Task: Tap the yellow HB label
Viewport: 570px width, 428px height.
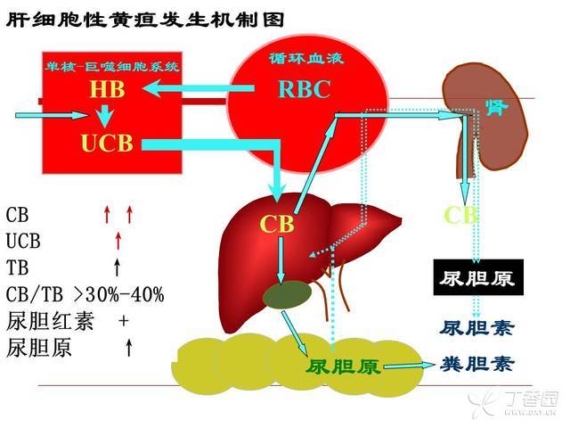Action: point(105,90)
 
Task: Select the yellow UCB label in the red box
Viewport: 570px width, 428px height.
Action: point(106,143)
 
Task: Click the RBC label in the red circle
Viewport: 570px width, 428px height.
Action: point(304,90)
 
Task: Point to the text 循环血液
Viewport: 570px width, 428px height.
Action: point(305,60)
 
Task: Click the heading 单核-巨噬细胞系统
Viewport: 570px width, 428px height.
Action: point(112,67)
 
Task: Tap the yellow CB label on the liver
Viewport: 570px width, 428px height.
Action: point(277,223)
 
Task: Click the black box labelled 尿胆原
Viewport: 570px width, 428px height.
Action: point(476,278)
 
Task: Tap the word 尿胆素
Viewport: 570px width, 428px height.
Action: point(477,327)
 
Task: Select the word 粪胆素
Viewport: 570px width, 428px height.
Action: point(477,364)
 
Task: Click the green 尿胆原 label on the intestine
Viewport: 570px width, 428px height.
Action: point(343,366)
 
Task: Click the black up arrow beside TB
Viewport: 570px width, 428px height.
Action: point(117,267)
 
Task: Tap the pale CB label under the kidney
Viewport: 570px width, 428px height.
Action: point(461,215)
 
